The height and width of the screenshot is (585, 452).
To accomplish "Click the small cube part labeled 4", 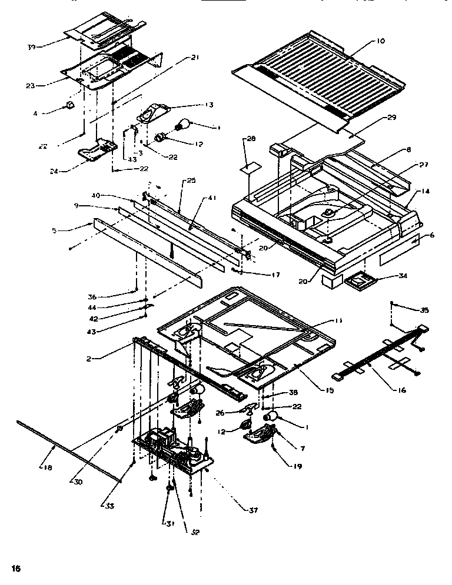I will tap(70, 106).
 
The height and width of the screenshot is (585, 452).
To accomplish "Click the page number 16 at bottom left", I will tap(15, 569).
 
